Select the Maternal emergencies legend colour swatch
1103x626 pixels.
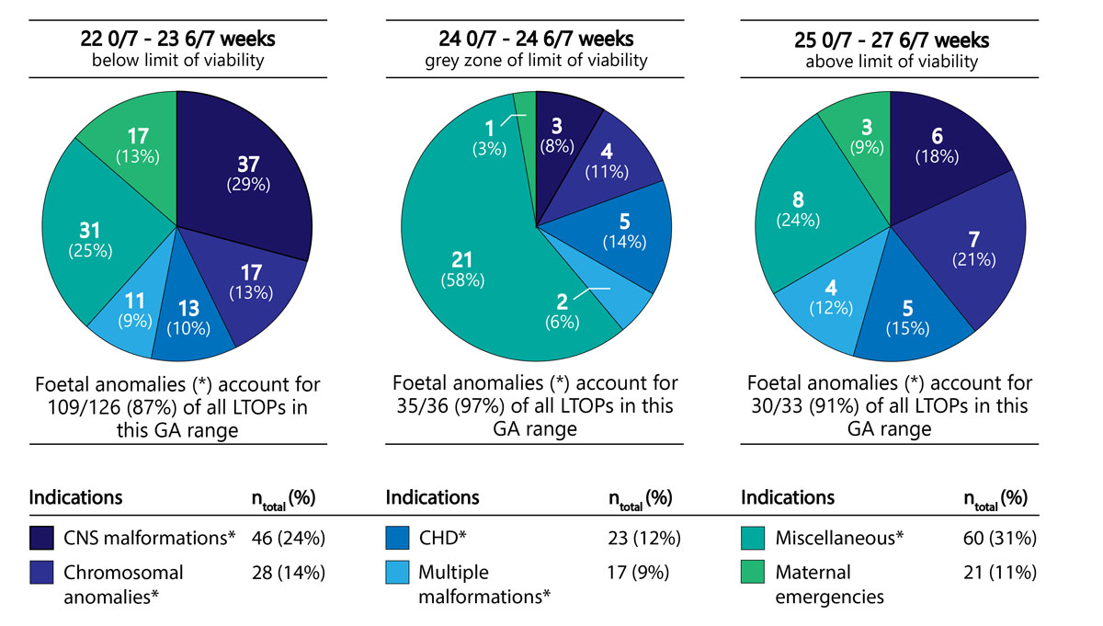click(x=754, y=573)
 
